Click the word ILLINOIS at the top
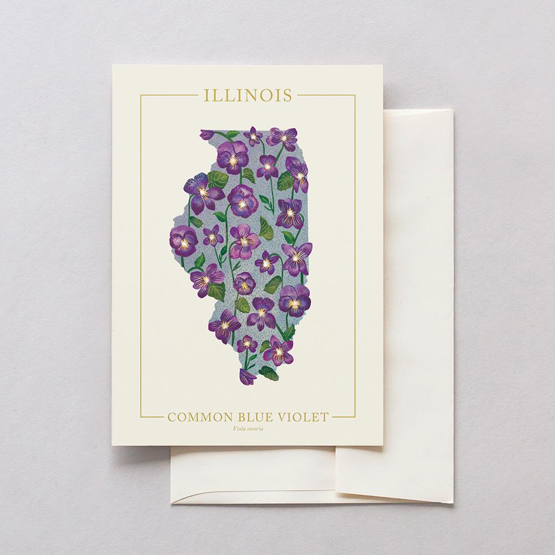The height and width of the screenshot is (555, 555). click(x=248, y=95)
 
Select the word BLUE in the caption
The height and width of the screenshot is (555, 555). click(x=248, y=417)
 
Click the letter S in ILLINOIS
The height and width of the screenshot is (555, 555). click(x=287, y=95)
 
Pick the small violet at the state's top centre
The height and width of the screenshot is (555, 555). click(x=254, y=135)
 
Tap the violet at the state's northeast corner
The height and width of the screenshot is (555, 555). click(x=282, y=137)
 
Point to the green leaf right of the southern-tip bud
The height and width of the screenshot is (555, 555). click(x=269, y=373)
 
